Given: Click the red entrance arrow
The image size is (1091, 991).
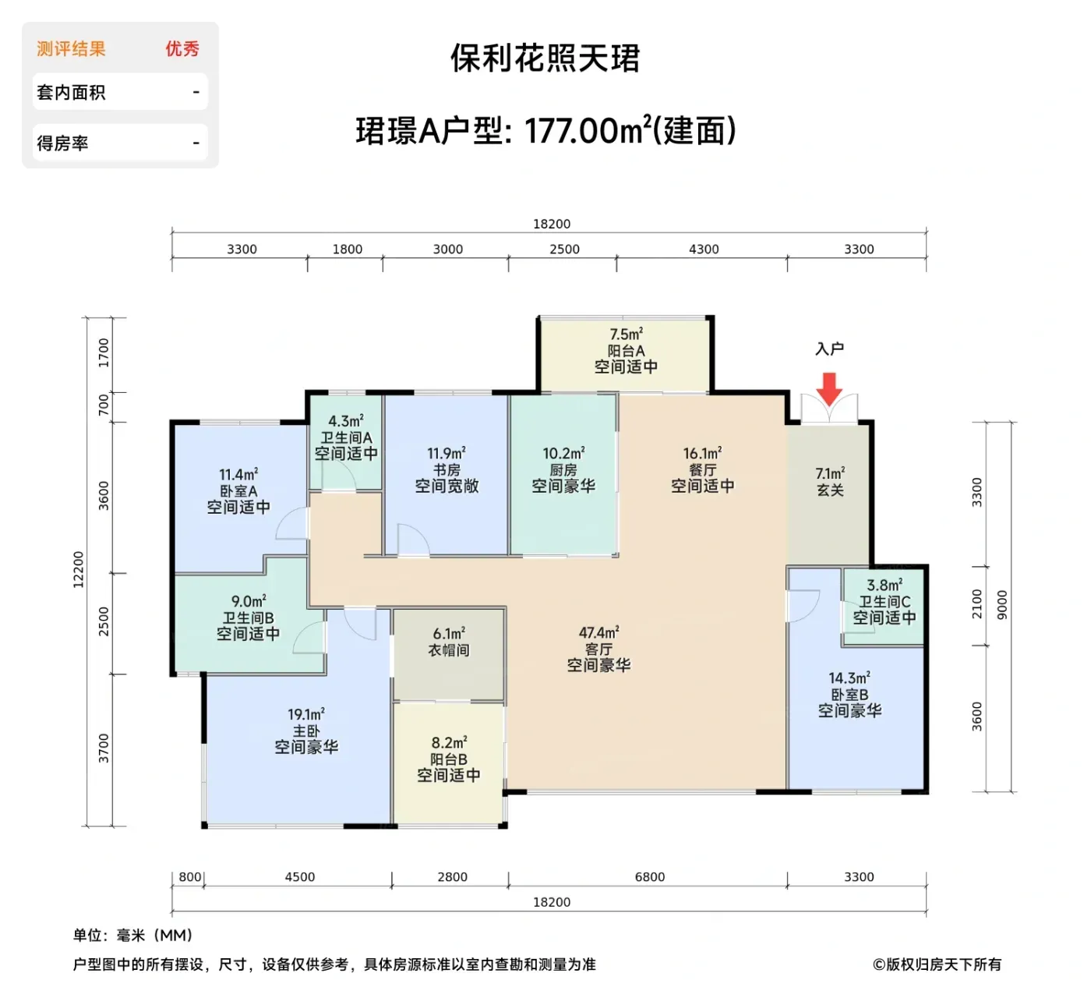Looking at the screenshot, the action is click(x=829, y=388).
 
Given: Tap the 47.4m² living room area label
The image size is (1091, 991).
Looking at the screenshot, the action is click(x=598, y=632).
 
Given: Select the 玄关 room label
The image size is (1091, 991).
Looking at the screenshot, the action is click(x=830, y=490).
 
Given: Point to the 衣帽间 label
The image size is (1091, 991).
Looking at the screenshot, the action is click(x=449, y=649).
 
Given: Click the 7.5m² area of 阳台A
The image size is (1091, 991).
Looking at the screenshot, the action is click(x=626, y=334).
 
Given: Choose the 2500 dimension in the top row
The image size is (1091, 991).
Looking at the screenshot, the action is click(x=564, y=250).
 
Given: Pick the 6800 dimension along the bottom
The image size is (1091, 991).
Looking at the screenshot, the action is click(x=650, y=876).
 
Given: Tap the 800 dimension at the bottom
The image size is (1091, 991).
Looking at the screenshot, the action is click(x=190, y=876).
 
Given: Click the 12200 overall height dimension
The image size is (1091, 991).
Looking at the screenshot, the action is click(x=79, y=569).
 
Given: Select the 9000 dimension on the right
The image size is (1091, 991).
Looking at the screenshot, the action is click(x=1002, y=604).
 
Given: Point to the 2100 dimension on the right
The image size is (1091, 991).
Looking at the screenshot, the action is click(x=977, y=603).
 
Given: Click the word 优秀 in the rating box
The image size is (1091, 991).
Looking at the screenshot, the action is click(x=182, y=49).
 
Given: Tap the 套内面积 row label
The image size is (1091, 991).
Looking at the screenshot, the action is click(x=71, y=93).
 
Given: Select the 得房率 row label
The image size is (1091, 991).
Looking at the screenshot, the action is click(x=62, y=143).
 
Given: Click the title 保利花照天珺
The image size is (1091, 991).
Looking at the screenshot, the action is click(x=545, y=58).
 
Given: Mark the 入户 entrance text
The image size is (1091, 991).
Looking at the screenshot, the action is click(x=829, y=349).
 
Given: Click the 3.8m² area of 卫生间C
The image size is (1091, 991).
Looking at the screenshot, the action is click(x=884, y=585).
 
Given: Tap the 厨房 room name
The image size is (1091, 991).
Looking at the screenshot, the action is click(x=563, y=469).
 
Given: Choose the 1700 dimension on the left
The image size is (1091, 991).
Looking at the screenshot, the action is click(x=104, y=352).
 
